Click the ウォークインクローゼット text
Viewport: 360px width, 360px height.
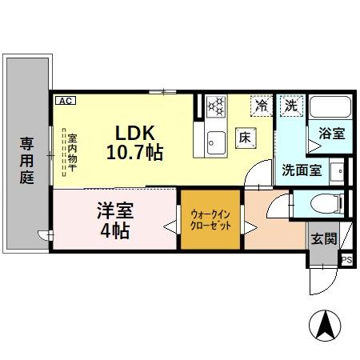pyautogui.click(x=211, y=220)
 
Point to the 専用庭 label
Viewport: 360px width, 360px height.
pyautogui.click(x=26, y=161)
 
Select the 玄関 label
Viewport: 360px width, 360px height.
pyautogui.click(x=324, y=238)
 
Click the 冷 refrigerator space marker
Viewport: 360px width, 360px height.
pyautogui.click(x=262, y=104)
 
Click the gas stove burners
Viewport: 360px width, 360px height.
pyautogui.click(x=217, y=107)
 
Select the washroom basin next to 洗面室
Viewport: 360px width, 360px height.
pyautogui.click(x=339, y=170)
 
